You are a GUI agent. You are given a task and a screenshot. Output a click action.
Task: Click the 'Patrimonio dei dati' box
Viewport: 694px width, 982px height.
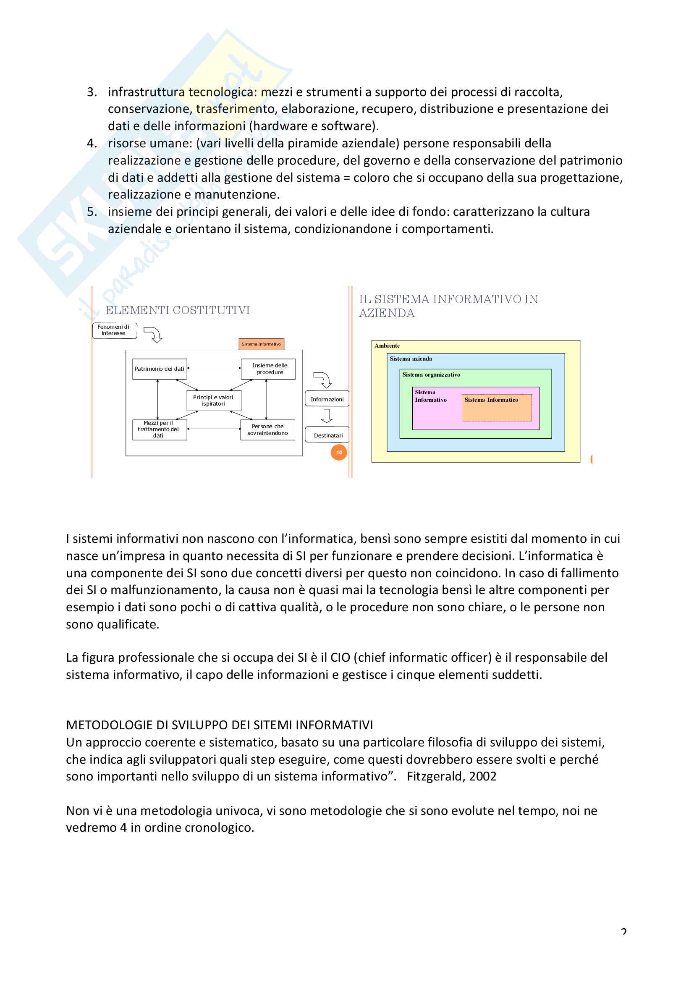click(x=159, y=369)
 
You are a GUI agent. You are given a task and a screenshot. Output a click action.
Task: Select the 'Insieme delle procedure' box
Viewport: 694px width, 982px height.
click(x=268, y=369)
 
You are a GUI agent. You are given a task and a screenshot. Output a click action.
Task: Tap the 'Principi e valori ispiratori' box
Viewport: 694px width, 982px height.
click(x=213, y=401)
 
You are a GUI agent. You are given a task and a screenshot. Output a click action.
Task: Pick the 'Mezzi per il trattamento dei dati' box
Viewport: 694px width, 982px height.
click(x=159, y=429)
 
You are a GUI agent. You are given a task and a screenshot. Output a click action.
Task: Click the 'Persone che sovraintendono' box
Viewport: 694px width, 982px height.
click(x=268, y=429)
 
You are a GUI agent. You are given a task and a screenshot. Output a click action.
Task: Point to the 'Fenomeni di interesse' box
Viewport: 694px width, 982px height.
click(x=114, y=330)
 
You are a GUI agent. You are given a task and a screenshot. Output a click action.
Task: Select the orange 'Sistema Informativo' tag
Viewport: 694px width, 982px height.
click(x=261, y=344)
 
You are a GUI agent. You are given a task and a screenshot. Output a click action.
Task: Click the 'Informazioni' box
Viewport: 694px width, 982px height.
click(x=327, y=399)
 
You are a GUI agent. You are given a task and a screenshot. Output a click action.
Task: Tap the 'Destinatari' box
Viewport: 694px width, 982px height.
click(x=327, y=435)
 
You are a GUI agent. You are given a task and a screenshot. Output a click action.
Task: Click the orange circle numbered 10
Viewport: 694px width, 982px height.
click(x=339, y=453)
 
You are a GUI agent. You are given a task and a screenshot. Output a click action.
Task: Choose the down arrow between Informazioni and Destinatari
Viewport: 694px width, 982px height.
click(x=327, y=416)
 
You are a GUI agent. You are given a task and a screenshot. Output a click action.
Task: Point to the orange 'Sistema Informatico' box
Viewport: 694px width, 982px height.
click(x=496, y=407)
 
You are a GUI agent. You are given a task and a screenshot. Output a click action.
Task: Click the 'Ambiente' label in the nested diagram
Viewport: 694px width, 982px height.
click(x=387, y=346)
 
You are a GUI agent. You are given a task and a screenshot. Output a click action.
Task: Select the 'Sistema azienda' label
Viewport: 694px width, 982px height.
click(x=411, y=359)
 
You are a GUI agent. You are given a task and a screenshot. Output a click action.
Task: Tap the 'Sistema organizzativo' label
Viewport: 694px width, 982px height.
click(x=431, y=374)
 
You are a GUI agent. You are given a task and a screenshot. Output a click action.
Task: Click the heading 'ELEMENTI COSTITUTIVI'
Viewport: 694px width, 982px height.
click(x=178, y=310)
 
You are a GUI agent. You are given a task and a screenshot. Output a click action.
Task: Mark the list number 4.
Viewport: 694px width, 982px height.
click(x=92, y=143)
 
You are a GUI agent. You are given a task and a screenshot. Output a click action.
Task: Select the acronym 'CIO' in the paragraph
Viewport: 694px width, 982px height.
click(x=340, y=657)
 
